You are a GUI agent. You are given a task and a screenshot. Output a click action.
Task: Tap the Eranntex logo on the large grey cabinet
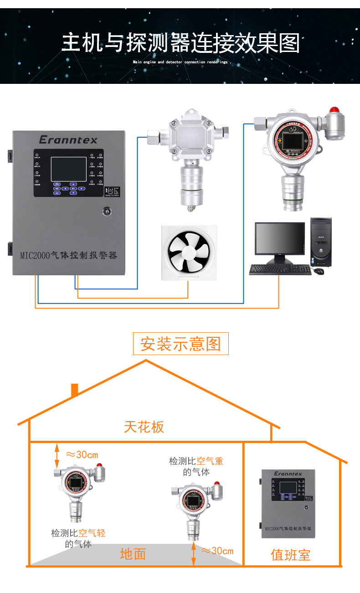[x=68, y=139]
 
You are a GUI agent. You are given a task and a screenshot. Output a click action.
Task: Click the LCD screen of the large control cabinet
[x=63, y=169]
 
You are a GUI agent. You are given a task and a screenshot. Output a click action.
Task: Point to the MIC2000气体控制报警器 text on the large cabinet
[x=68, y=255]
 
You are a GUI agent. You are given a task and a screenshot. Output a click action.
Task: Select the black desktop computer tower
[x=321, y=241]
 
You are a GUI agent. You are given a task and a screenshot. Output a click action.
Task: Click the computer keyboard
[x=280, y=270]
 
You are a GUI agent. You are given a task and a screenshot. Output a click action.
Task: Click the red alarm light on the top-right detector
[x=335, y=111]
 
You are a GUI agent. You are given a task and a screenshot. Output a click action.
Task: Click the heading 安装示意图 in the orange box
[x=180, y=344]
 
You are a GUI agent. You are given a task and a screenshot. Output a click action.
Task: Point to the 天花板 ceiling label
[x=144, y=427]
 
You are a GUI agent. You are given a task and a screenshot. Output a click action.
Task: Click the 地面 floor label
[x=133, y=554]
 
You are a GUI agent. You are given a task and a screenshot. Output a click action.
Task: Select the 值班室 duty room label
[x=290, y=555]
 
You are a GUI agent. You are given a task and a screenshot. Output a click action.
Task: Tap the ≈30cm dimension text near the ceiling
[x=82, y=455]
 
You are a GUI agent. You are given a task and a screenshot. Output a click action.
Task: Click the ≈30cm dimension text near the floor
[x=217, y=551]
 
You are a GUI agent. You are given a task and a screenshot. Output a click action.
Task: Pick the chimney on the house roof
[x=75, y=389]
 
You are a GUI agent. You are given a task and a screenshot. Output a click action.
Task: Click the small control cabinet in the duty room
[x=288, y=503]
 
